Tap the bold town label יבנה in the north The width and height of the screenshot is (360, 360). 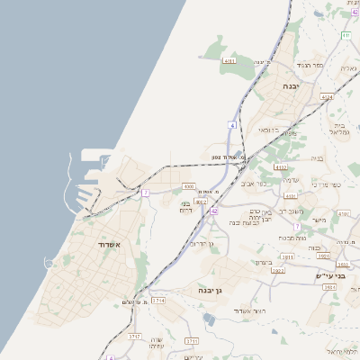coord(291,85)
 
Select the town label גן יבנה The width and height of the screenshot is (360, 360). coord(211,291)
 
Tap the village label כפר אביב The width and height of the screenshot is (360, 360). coord(255,183)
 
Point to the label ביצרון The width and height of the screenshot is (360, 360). coord(262,262)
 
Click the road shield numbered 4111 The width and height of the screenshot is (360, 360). coord(229,61)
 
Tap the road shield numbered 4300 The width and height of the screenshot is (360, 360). coord(188,186)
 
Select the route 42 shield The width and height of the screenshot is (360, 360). coord(214,211)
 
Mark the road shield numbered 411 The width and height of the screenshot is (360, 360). coord(346,35)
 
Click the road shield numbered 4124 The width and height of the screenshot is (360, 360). coord(326,96)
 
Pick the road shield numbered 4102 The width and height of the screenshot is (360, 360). coord(281,166)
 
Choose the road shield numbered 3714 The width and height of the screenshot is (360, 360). coord(159,300)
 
